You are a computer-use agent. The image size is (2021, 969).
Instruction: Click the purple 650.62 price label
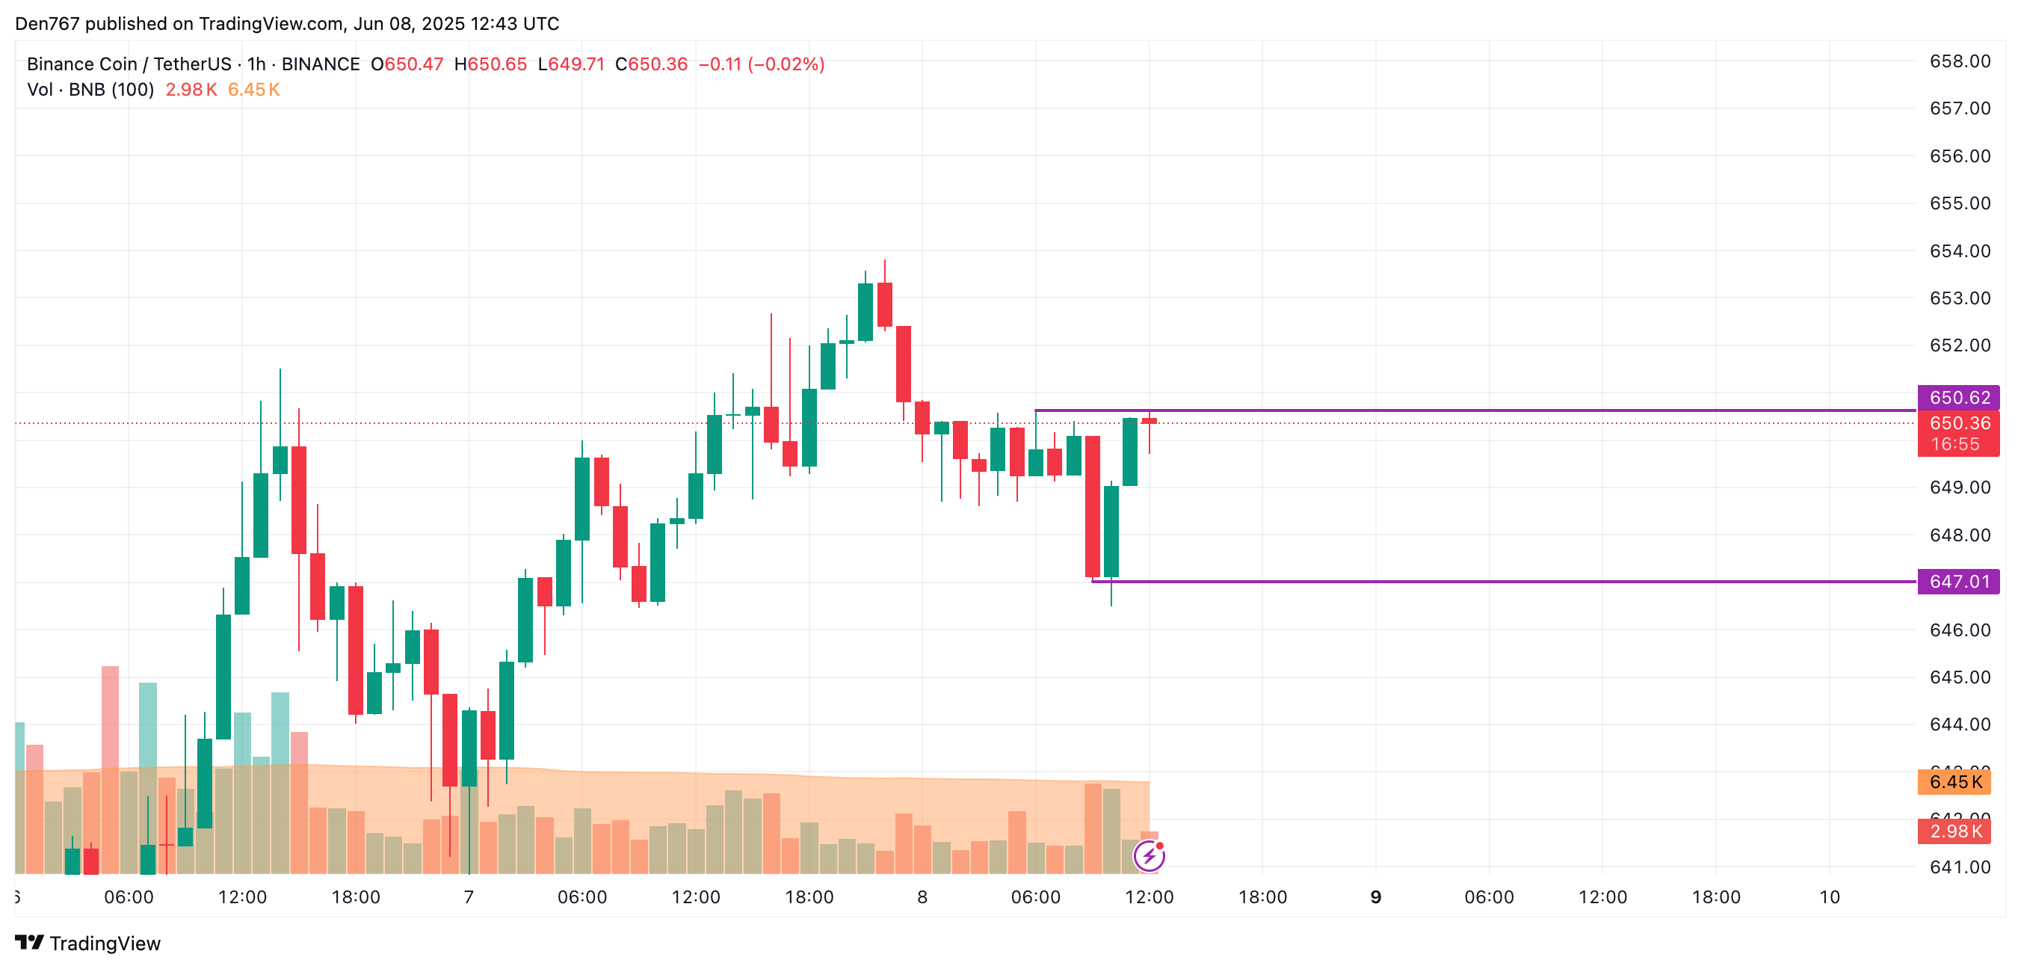[1958, 398]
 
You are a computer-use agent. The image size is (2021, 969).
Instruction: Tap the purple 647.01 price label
[1958, 582]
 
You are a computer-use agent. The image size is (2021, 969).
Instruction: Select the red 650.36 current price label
[1958, 424]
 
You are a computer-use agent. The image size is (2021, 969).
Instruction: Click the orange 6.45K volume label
[1955, 781]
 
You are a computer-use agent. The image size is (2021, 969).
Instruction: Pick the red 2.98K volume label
[1955, 831]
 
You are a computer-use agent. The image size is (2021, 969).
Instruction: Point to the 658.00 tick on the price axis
[1959, 61]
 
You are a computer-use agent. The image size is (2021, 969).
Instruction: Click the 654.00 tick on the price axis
[1959, 251]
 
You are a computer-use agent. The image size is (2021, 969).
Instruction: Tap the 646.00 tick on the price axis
[1959, 630]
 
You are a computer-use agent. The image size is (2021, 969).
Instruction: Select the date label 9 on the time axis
[1375, 896]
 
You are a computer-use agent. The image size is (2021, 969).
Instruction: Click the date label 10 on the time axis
[1829, 896]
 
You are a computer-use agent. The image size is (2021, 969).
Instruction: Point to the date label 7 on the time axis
[469, 896]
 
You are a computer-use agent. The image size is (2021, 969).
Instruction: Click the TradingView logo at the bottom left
[88, 943]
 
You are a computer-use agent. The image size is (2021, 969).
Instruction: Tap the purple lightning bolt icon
[1150, 855]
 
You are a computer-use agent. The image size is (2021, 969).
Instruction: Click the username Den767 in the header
[47, 23]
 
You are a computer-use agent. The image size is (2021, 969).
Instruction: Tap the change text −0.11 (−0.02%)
[761, 64]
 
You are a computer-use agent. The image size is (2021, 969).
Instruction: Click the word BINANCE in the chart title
[320, 64]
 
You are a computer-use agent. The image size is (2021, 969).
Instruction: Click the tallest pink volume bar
[110, 769]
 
